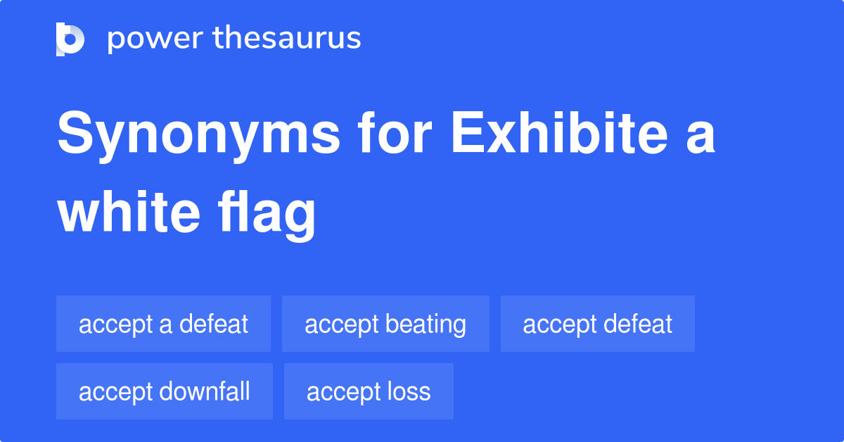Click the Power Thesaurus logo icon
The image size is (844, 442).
tap(70, 39)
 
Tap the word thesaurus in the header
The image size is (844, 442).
tap(288, 39)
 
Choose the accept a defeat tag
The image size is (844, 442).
tap(163, 324)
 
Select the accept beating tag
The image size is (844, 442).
tap(385, 324)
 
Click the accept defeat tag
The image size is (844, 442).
tap(597, 324)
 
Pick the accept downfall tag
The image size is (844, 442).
tap(164, 391)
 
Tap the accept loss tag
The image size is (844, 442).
tap(369, 391)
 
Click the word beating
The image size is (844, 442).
tap(426, 324)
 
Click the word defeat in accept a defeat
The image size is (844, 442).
tap(213, 324)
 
